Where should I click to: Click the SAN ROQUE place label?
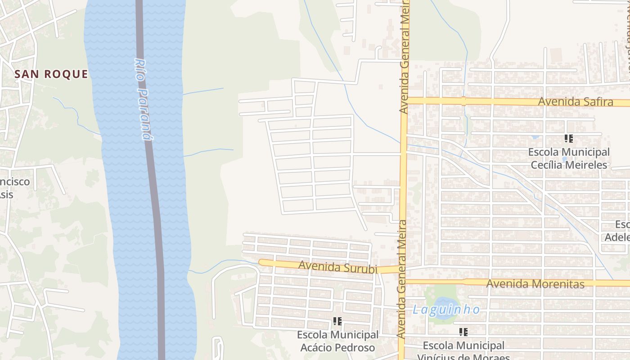pos(51,74)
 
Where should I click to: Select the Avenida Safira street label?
pos(576,102)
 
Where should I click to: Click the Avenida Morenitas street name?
pos(535,283)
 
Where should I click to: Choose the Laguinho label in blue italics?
pos(446,310)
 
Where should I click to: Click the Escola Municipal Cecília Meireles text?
pos(569,158)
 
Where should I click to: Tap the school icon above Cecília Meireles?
pos(569,139)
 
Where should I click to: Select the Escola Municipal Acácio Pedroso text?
pos(337,341)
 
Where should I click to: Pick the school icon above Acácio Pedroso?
pos(337,321)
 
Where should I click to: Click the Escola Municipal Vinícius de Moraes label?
pos(463,351)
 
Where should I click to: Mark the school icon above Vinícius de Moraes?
pos(463,332)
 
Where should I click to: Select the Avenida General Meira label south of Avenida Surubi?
pos(402,310)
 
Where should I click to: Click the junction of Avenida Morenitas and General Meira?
pos(402,282)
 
